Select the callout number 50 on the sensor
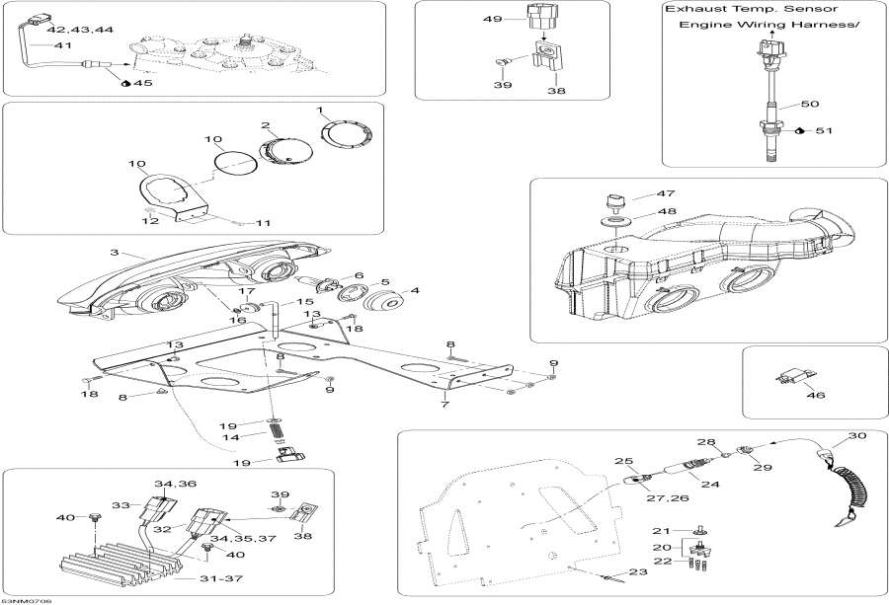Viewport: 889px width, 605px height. coord(809,104)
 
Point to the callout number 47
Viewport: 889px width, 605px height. coord(639,195)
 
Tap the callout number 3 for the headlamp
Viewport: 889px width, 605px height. coord(115,254)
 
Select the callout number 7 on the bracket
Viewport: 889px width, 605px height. coord(445,405)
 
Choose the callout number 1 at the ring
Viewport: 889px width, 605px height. coord(320,109)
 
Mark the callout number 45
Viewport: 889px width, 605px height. coord(144,83)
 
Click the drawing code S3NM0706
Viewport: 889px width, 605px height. coord(26,599)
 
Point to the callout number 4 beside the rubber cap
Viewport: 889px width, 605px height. coord(414,290)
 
